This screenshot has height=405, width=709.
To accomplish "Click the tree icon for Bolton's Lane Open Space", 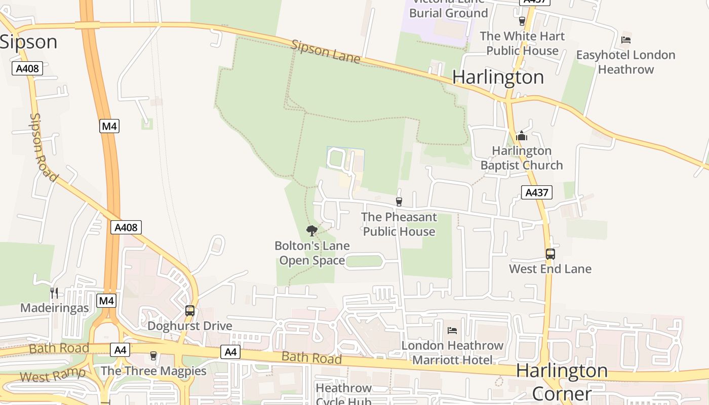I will coord(312,231).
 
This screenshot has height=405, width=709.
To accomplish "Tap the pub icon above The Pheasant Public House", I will coord(399,202).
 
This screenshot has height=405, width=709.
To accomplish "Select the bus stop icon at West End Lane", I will coord(550,254).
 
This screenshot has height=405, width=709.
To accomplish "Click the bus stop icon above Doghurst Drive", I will coord(190,311).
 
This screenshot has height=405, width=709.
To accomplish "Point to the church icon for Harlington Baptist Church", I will coord(522,136).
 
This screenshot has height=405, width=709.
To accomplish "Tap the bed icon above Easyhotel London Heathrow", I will coord(626,40).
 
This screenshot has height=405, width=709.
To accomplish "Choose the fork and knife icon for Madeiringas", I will coord(54,293).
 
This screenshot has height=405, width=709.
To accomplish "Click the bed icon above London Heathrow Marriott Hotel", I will coord(452,331).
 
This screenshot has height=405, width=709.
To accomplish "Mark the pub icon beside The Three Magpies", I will coord(153,356).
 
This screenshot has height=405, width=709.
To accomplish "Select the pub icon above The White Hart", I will coord(522,21).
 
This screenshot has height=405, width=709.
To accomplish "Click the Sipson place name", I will coord(28,42).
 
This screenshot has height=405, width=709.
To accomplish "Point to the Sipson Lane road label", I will coord(326,52).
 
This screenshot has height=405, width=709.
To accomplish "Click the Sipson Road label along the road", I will coord(42,146).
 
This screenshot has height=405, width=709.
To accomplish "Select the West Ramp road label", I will coord(53,375).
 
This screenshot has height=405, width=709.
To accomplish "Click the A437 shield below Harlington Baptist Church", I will coord(536,192).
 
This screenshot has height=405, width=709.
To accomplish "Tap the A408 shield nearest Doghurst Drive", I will coord(126,227).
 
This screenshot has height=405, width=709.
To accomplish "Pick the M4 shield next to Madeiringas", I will coord(106,301).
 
